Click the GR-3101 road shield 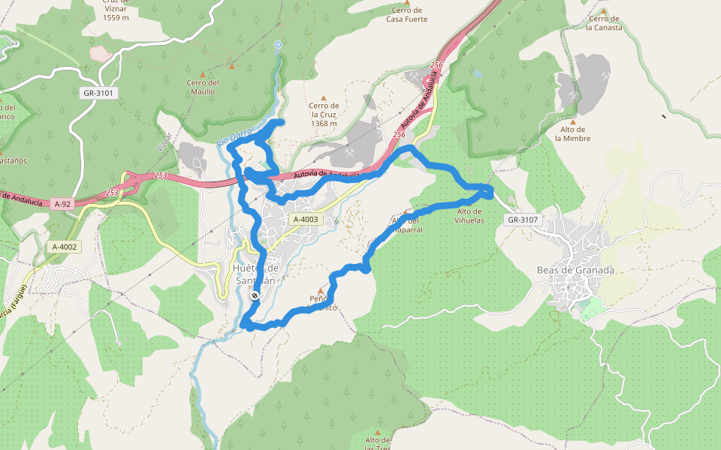(x=98, y=93)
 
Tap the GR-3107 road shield (x=523, y=220)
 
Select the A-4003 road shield (x=306, y=219)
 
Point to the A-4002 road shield (x=64, y=247)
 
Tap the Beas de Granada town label (x=575, y=270)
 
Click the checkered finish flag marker (x=255, y=296)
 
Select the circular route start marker (x=278, y=45)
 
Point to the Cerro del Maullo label (x=203, y=87)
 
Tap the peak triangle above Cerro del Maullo (x=231, y=67)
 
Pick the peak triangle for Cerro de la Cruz (x=324, y=97)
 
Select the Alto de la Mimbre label (x=572, y=133)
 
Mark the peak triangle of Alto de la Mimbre (x=572, y=121)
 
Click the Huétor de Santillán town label (x=256, y=274)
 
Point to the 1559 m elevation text (x=116, y=16)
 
